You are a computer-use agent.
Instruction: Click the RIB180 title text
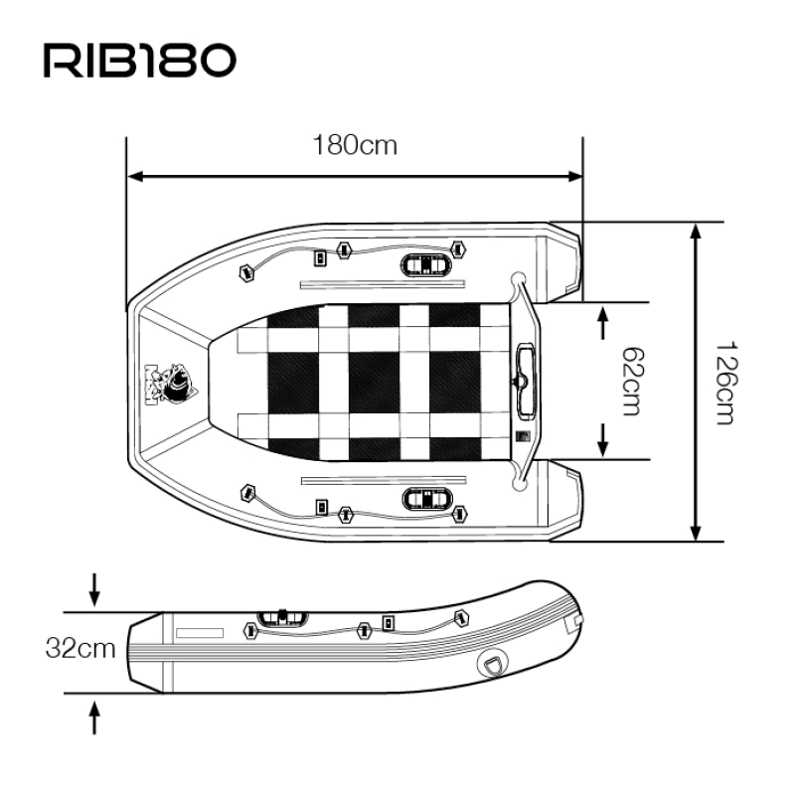(x=140, y=61)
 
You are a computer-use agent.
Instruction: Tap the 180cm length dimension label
(x=355, y=145)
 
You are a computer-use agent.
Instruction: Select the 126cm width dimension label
(x=726, y=383)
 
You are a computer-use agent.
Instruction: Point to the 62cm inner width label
(x=633, y=382)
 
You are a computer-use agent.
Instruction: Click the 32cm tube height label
(x=80, y=648)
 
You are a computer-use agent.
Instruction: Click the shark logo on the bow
(x=171, y=384)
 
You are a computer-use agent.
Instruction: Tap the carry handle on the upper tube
(x=426, y=264)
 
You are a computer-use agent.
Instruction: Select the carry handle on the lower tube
(x=427, y=500)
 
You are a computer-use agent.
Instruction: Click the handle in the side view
(x=282, y=618)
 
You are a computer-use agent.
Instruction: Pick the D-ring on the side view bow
(x=491, y=664)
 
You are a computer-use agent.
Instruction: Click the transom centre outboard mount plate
(x=526, y=382)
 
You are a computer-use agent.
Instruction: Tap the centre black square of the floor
(x=375, y=382)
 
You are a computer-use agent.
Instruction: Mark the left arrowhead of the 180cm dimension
(x=134, y=177)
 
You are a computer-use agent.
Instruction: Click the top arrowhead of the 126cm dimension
(x=696, y=231)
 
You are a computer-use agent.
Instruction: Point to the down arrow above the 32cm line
(x=94, y=589)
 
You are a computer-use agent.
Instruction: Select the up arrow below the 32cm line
(x=94, y=716)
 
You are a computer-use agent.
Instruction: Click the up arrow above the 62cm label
(x=602, y=322)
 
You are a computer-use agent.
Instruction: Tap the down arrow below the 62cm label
(x=602, y=440)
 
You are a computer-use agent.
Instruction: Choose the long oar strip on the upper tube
(x=383, y=284)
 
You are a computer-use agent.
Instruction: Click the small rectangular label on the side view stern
(x=200, y=633)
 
